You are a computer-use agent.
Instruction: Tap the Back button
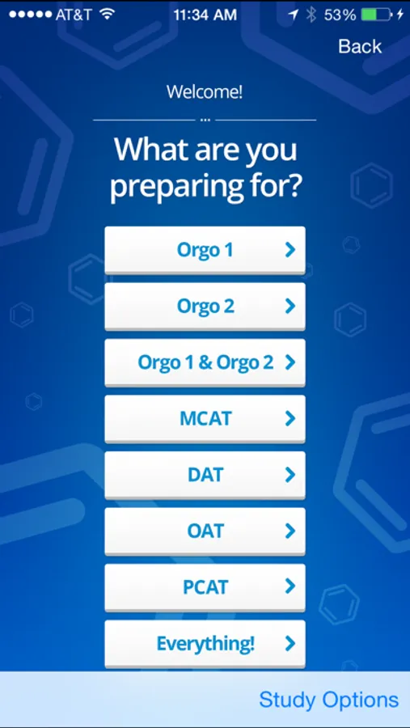pos(360,46)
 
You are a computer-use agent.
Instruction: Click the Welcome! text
pos(205,92)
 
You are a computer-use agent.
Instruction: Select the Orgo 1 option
pos(205,250)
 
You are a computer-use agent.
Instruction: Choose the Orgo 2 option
pos(205,307)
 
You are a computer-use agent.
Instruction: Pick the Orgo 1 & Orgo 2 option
pos(205,362)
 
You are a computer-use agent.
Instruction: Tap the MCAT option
pos(205,419)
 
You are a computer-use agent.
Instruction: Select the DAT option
pos(205,475)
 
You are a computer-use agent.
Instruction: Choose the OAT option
pos(205,531)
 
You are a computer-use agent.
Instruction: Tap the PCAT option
pos(205,587)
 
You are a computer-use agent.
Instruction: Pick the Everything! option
pos(205,644)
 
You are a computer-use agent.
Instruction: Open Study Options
pos(329,700)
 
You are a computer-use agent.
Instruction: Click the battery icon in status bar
pos(377,15)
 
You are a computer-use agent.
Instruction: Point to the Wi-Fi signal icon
pos(108,15)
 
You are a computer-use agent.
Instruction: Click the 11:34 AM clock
pos(205,15)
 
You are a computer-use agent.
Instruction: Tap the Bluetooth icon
pos(311,15)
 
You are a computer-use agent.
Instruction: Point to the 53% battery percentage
pos(340,15)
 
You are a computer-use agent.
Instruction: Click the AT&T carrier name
pos(74,15)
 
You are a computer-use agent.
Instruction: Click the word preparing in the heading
pos(175,188)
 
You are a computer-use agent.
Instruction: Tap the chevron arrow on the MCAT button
pos(290,419)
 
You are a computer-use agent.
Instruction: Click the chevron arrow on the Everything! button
pos(290,644)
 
